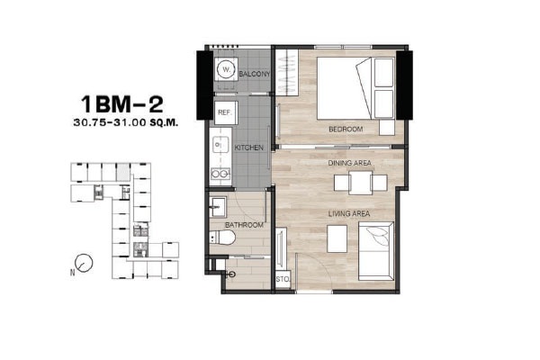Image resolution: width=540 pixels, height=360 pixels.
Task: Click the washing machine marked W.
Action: tap(226, 69)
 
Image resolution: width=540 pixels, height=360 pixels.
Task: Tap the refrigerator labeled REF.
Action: tap(226, 112)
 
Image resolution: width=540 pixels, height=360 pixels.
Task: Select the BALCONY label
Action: tap(255, 74)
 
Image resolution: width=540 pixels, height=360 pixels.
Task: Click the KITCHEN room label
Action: tap(249, 148)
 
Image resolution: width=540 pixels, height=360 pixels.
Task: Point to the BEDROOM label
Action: tap(346, 130)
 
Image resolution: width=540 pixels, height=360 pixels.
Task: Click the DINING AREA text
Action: tap(349, 163)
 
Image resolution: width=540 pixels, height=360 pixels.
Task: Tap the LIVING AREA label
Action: tap(349, 213)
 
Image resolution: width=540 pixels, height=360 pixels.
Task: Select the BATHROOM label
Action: tap(244, 225)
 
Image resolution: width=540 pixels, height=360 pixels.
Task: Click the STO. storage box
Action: tap(283, 279)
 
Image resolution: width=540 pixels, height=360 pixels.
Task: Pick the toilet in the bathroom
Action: tap(222, 238)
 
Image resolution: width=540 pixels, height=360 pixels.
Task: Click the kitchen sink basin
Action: tap(220, 145)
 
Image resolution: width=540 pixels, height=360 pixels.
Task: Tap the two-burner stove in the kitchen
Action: tap(220, 174)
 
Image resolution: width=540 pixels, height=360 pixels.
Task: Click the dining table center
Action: tap(360, 183)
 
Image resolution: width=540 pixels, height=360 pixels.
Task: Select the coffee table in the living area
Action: tap(337, 238)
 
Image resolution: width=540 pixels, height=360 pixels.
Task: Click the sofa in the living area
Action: tap(375, 251)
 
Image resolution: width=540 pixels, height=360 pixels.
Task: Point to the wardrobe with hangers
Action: tap(286, 72)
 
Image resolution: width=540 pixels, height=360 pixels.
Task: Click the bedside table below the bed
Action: tap(387, 128)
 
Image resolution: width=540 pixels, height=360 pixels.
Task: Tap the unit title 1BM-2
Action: tap(121, 104)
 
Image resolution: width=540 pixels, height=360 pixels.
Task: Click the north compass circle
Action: tap(84, 263)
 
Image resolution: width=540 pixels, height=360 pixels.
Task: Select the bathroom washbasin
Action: tap(218, 207)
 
